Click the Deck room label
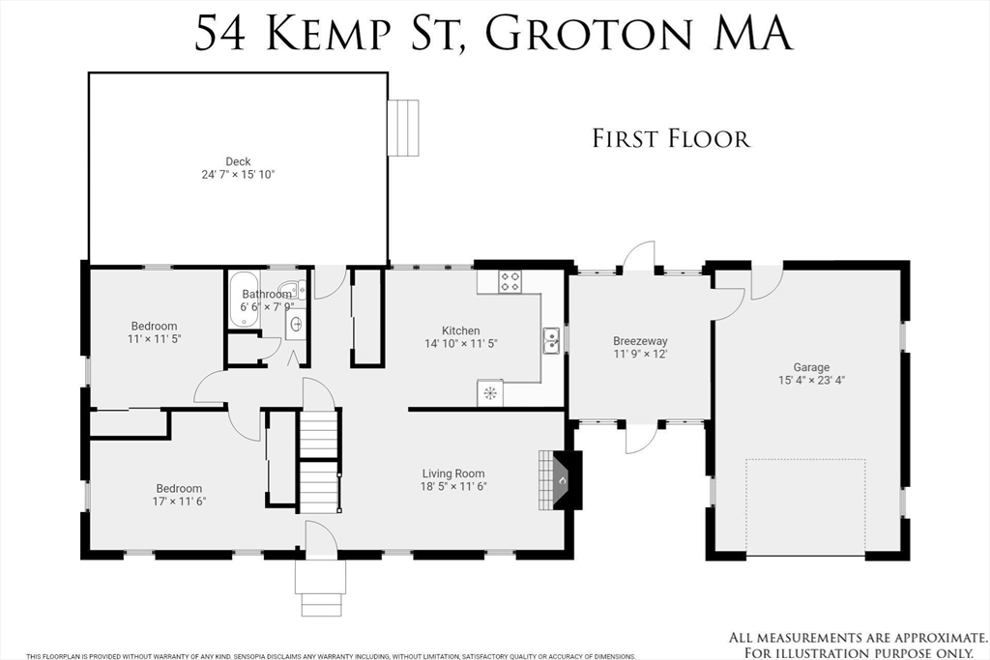coord(238,161)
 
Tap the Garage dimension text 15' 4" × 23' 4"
coord(812,381)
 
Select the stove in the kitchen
coord(510,282)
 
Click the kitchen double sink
coord(551,341)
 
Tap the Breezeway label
coord(640,341)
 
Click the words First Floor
coord(671,139)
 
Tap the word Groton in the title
coord(587,33)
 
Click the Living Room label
coord(453,473)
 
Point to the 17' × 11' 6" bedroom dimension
coord(180,502)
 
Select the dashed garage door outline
coord(805,506)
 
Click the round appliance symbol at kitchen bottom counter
coord(489,393)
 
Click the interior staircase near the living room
coord(319,462)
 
